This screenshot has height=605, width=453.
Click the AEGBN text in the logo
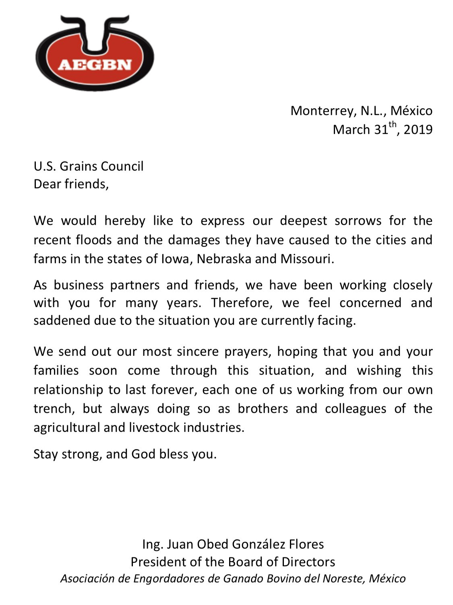(x=95, y=65)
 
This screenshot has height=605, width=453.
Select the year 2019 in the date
(x=418, y=130)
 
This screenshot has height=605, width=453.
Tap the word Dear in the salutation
(x=48, y=184)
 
